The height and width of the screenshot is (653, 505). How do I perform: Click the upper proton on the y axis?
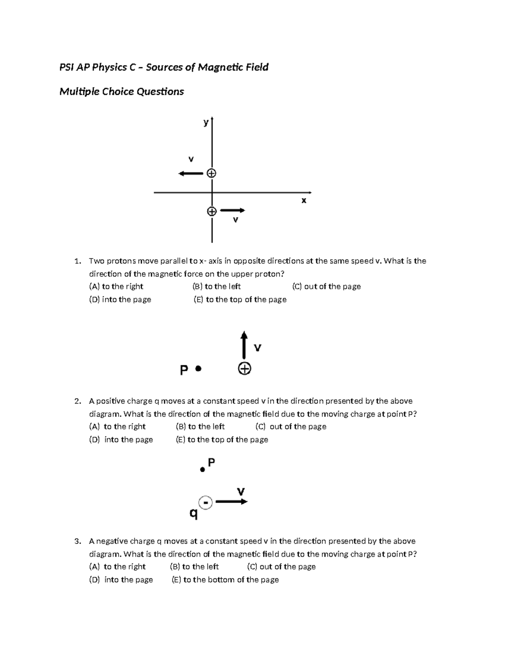(x=212, y=173)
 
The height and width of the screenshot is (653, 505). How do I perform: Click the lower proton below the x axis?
(x=212, y=211)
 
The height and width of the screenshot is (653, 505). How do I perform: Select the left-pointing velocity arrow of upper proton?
(x=191, y=173)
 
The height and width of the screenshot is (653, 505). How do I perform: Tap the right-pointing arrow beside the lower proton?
(x=232, y=210)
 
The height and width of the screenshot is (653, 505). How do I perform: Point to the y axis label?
(x=206, y=122)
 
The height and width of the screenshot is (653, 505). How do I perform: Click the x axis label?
(x=304, y=201)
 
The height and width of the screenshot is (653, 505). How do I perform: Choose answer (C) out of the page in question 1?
(x=326, y=286)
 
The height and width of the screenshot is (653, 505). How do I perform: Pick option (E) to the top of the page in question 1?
(x=240, y=299)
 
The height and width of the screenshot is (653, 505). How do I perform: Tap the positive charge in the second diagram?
(x=245, y=369)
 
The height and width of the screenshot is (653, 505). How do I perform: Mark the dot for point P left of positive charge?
(x=199, y=369)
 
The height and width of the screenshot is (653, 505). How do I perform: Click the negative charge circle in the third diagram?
(x=205, y=502)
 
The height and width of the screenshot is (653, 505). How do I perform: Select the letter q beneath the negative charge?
(x=194, y=513)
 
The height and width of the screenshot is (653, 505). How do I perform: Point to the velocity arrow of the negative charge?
(x=231, y=501)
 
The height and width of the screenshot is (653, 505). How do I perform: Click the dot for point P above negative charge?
(x=202, y=470)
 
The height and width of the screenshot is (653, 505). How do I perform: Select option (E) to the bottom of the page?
(x=225, y=579)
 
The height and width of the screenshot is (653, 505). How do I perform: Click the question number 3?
(x=77, y=541)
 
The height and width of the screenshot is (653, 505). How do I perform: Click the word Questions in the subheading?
(x=163, y=92)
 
